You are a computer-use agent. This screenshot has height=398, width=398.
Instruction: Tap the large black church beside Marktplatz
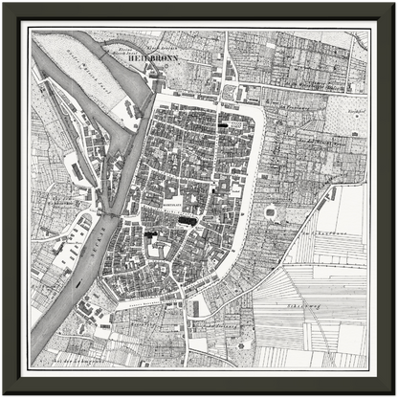point(188,221)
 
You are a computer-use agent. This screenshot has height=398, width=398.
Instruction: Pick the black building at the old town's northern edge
point(229,123)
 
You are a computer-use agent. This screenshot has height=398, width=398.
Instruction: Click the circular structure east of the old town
point(270,211)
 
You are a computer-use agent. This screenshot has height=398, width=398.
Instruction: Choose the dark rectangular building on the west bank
point(77,170)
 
